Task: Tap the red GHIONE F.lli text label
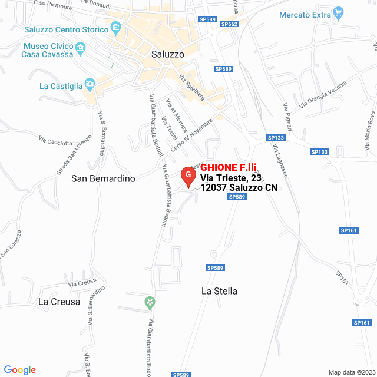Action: click(232, 167)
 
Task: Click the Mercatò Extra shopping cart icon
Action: click(338, 12)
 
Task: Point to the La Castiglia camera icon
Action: click(90, 84)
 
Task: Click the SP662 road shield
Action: click(229, 24)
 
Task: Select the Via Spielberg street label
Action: click(192, 87)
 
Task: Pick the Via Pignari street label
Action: click(287, 115)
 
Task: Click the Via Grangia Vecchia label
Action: click(323, 95)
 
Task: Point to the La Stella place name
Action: click(219, 290)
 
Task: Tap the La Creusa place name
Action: click(59, 302)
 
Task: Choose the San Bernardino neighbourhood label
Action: click(103, 178)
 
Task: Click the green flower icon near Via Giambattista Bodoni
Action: click(150, 303)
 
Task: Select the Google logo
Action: click(19, 369)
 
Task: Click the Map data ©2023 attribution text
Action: click(351, 372)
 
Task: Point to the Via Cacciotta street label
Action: click(56, 141)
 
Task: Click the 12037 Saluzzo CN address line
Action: click(239, 188)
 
